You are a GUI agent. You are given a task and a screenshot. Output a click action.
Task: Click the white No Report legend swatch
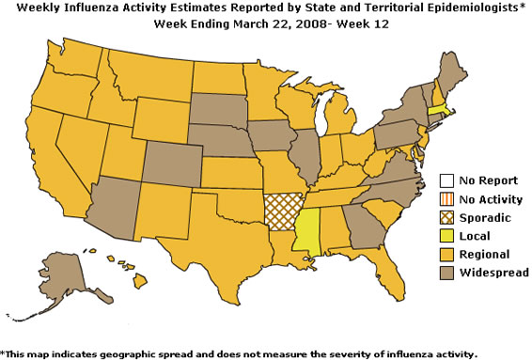[448, 181]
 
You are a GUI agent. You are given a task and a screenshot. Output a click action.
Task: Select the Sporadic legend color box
[448, 218]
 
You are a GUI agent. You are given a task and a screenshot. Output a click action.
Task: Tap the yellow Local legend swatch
[448, 236]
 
